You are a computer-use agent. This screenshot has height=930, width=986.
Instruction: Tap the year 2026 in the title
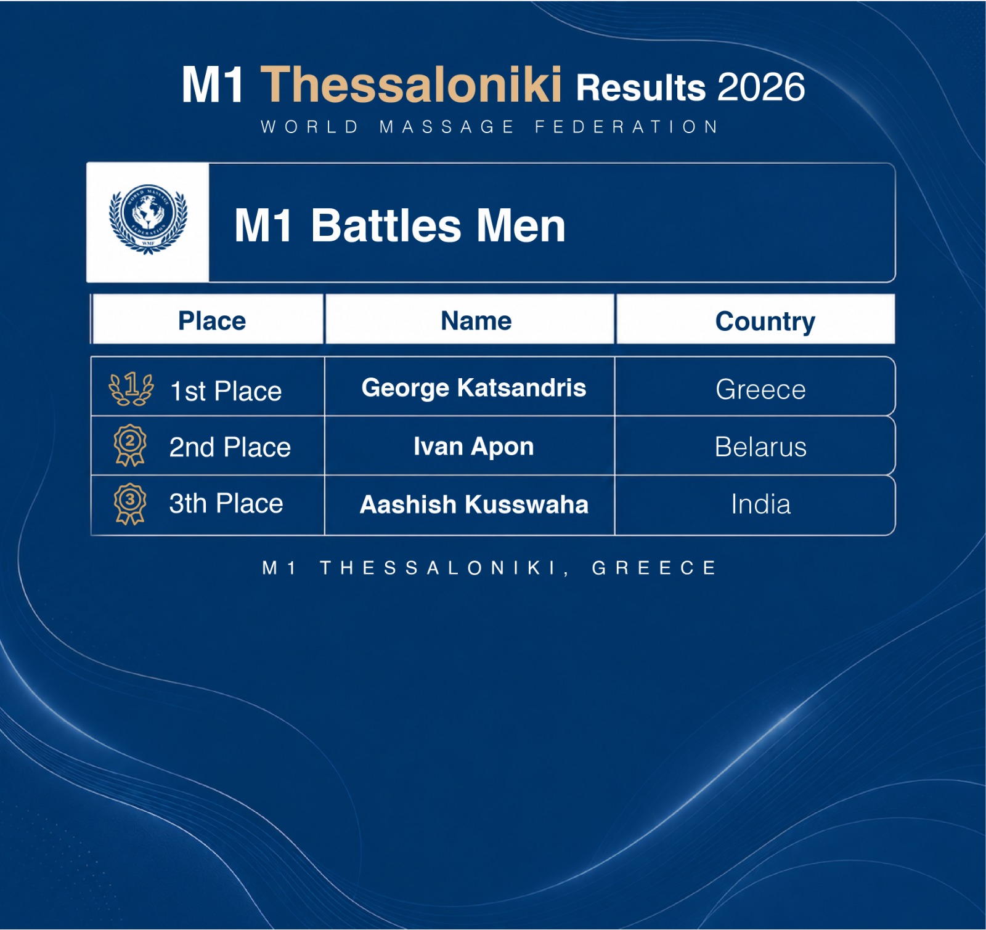[x=761, y=87]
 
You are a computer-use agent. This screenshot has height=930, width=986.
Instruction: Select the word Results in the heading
[x=641, y=87]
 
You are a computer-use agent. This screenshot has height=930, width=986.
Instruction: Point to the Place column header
[x=212, y=321]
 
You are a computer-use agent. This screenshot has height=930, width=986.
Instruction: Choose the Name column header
[x=476, y=321]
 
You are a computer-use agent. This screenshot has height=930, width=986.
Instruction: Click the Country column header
[x=765, y=321]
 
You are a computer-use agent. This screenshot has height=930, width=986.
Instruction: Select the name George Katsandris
[x=474, y=388]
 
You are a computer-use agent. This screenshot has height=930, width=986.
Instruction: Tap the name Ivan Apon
[x=474, y=447]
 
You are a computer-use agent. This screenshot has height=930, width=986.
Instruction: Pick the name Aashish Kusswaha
[x=474, y=504]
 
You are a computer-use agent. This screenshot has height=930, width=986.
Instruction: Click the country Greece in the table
[x=761, y=389]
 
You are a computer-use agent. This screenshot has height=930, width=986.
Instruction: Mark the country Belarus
[x=761, y=447]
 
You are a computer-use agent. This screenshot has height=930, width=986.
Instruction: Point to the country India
[x=761, y=504]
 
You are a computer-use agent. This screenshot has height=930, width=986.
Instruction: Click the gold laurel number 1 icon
[x=131, y=389]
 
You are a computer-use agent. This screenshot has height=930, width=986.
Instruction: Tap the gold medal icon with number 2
[x=130, y=445]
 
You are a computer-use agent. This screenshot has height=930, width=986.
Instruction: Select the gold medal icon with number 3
[x=130, y=504]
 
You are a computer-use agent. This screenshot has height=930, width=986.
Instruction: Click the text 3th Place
[x=226, y=504]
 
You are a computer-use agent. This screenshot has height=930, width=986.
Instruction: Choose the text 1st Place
[x=226, y=391]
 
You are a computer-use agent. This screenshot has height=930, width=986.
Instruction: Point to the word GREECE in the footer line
[x=654, y=567]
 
